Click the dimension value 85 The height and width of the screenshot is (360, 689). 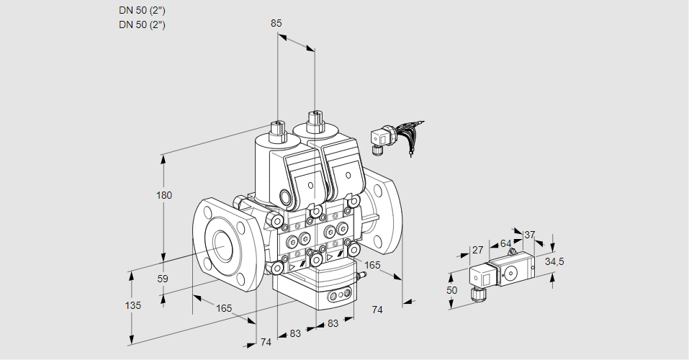pyautogui.click(x=276, y=23)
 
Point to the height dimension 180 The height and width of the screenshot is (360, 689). pyautogui.click(x=165, y=196)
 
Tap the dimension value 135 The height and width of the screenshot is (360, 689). pyautogui.click(x=133, y=305)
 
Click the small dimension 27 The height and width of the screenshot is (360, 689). pyautogui.click(x=477, y=250)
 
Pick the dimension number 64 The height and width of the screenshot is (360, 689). pyautogui.click(x=505, y=243)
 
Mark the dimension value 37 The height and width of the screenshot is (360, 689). pyautogui.click(x=529, y=235)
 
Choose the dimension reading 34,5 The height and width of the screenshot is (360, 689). pyautogui.click(x=554, y=261)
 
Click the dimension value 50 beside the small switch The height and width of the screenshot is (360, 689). pyautogui.click(x=451, y=290)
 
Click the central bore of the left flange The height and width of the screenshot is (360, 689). pyautogui.click(x=220, y=247)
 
